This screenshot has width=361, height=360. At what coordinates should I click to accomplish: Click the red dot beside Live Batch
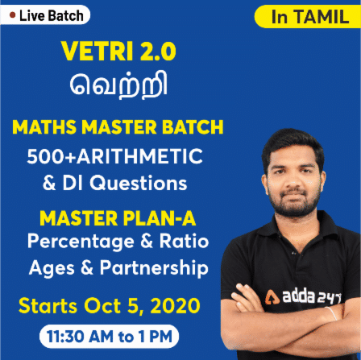(12, 15)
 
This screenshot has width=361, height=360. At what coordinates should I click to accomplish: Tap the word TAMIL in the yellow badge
(322, 17)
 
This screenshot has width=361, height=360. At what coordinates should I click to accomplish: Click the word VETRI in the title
(97, 51)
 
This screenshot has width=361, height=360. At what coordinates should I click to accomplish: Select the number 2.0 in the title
(158, 51)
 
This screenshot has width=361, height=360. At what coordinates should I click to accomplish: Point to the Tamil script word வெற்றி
(118, 85)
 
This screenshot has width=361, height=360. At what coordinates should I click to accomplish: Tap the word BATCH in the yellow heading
(193, 126)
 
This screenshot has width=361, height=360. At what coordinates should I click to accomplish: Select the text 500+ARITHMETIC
(114, 156)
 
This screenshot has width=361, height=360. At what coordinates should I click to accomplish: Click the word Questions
(138, 183)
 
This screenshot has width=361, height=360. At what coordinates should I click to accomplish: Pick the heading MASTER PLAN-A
(118, 218)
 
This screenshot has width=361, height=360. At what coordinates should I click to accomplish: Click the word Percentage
(81, 242)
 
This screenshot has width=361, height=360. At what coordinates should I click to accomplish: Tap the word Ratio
(184, 241)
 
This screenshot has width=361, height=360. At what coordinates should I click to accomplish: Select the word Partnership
(154, 269)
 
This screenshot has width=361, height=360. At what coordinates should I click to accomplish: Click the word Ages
(52, 269)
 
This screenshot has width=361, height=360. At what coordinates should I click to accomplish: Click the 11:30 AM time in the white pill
(80, 337)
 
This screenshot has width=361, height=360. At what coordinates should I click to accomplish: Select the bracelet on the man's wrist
(331, 313)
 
